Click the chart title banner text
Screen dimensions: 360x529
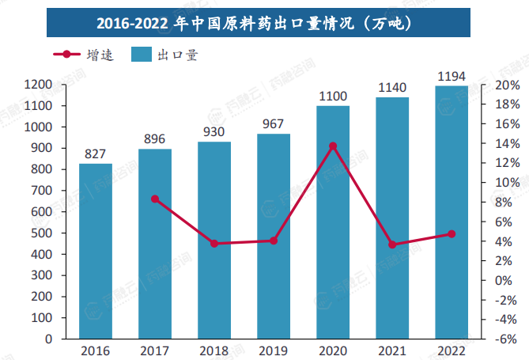[x=264, y=22]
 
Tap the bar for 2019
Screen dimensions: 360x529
[x=274, y=237]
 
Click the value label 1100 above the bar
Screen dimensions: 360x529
[x=333, y=97]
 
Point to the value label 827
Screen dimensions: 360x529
[x=96, y=154]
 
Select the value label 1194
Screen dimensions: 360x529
[x=451, y=76]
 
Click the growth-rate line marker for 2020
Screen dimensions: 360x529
[x=333, y=146]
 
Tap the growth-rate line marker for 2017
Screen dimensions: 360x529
[x=155, y=199]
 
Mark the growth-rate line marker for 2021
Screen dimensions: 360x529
[x=392, y=244]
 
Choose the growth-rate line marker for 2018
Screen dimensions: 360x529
[x=214, y=244]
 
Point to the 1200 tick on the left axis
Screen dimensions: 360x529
[x=38, y=85]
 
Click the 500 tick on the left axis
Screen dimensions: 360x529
[x=41, y=233]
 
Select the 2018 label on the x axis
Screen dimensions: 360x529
[x=214, y=350]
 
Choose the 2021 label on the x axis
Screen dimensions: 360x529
[x=392, y=350]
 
